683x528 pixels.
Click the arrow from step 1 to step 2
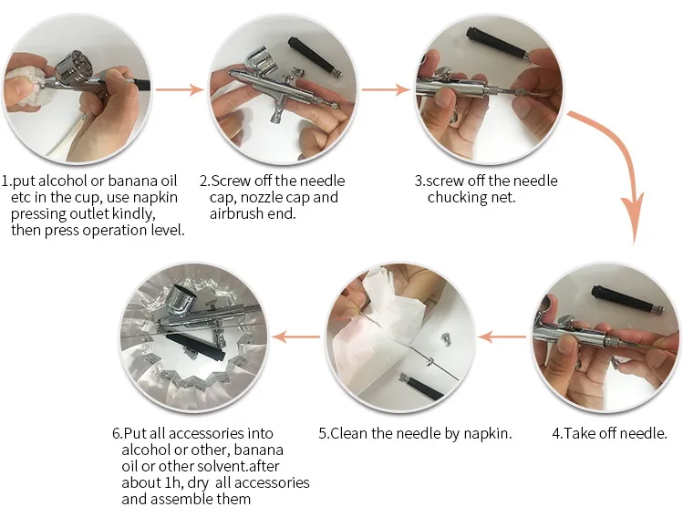pyautogui.click(x=180, y=89)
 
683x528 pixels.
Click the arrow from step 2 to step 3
pyautogui.click(x=386, y=89)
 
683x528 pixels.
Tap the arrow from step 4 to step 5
pyautogui.click(x=502, y=336)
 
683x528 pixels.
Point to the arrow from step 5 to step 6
pyautogui.click(x=295, y=336)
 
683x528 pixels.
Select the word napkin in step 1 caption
pyautogui.click(x=155, y=198)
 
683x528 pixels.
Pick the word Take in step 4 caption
pyautogui.click(x=578, y=433)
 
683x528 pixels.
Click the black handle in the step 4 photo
pyautogui.click(x=627, y=299)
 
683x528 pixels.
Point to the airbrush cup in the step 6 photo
pyautogui.click(x=180, y=300)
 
